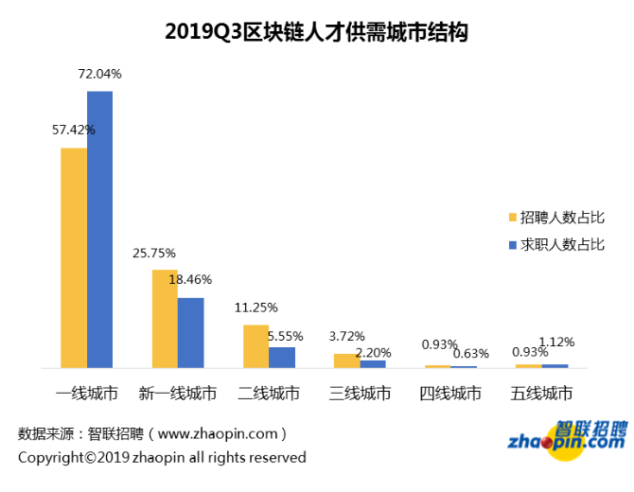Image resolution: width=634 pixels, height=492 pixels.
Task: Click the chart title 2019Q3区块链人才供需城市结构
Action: [x=317, y=31]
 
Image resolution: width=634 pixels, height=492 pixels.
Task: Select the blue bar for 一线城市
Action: [x=100, y=229]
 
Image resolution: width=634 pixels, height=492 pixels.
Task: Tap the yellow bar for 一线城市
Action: [x=75, y=257]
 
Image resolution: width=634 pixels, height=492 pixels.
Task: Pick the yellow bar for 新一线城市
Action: [x=165, y=318]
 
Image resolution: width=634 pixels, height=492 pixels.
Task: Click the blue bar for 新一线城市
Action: [x=190, y=332]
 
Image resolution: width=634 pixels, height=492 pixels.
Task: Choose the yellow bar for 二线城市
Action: [x=255, y=345]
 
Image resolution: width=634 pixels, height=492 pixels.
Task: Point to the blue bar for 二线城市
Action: [x=281, y=357]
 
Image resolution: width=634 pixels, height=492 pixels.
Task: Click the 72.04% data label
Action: [x=99, y=74]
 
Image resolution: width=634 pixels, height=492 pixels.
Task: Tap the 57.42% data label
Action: [x=74, y=130]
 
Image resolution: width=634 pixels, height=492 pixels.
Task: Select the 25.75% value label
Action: [x=154, y=253]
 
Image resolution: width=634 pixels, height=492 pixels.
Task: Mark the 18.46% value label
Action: [x=190, y=280]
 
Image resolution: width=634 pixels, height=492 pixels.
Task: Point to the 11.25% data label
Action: [x=256, y=307]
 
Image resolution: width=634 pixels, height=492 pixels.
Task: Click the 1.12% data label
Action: [x=555, y=342]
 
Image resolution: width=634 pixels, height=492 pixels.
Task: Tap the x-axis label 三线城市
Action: [x=360, y=394]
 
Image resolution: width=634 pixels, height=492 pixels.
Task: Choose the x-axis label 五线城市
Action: [x=541, y=394]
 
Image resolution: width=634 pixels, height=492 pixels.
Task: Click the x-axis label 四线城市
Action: [x=450, y=394]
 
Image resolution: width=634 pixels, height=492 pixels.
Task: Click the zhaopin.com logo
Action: [x=566, y=437]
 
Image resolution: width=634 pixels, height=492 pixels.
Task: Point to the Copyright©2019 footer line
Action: [x=162, y=458]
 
